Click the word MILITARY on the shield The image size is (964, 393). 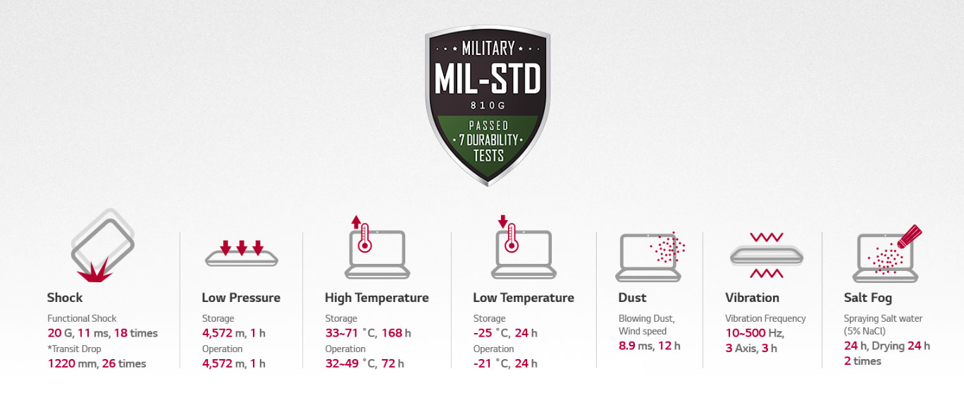click(488, 48)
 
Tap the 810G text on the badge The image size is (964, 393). click(488, 106)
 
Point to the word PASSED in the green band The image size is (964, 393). click(488, 126)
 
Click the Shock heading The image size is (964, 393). click(65, 298)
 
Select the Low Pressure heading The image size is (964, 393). click(241, 298)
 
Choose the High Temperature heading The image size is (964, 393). click(376, 298)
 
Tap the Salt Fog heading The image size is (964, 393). click(867, 298)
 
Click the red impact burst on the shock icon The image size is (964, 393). click(94, 272)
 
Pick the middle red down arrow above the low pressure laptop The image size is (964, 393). click(242, 248)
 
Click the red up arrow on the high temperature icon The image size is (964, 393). click(356, 222)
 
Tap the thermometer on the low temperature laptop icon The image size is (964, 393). click(512, 238)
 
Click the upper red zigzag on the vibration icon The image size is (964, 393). click(767, 237)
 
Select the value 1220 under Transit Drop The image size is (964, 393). click(61, 363)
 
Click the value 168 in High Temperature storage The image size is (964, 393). click(392, 333)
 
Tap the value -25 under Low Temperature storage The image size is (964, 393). click(483, 333)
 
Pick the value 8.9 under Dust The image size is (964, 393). click(626, 346)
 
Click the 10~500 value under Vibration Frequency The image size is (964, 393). click(746, 333)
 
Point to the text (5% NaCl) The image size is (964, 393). click(865, 332)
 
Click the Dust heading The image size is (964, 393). click(632, 298)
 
